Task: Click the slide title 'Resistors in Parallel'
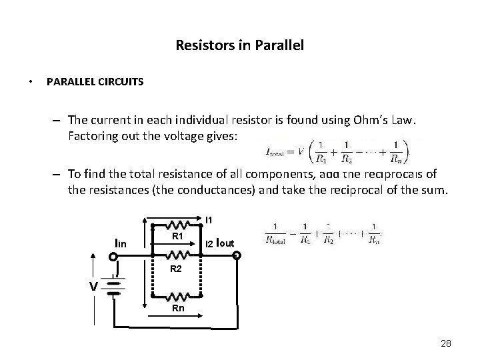[239, 46]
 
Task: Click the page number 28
[446, 343]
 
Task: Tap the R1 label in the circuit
[178, 237]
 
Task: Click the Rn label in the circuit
[178, 309]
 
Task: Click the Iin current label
[121, 245]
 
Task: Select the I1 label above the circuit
[209, 220]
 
